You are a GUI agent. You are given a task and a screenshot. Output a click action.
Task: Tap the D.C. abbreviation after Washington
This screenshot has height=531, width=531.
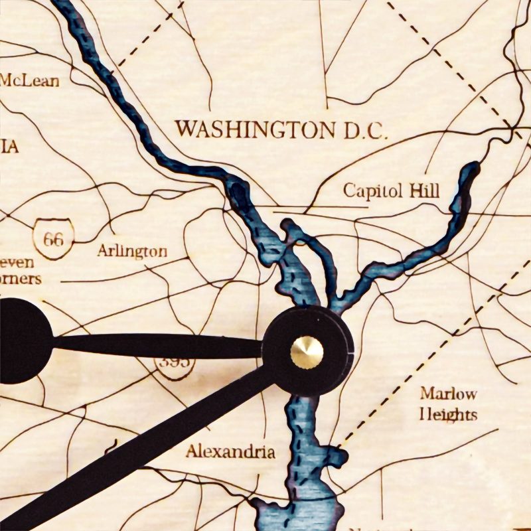(x=361, y=130)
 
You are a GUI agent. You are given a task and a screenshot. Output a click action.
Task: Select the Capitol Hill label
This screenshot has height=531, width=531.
(x=391, y=191)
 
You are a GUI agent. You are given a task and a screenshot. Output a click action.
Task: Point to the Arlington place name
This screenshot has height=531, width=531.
(x=132, y=252)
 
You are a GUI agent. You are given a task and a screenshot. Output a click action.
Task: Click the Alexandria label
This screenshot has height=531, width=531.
(x=230, y=452)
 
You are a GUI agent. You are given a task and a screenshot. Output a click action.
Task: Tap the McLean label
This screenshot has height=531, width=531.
(x=29, y=81)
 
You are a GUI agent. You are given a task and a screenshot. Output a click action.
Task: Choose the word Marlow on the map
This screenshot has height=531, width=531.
(x=448, y=394)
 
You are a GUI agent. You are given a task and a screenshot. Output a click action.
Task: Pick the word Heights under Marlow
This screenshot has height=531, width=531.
(x=448, y=416)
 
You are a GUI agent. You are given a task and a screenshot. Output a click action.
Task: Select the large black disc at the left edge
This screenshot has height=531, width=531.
(x=20, y=340)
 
